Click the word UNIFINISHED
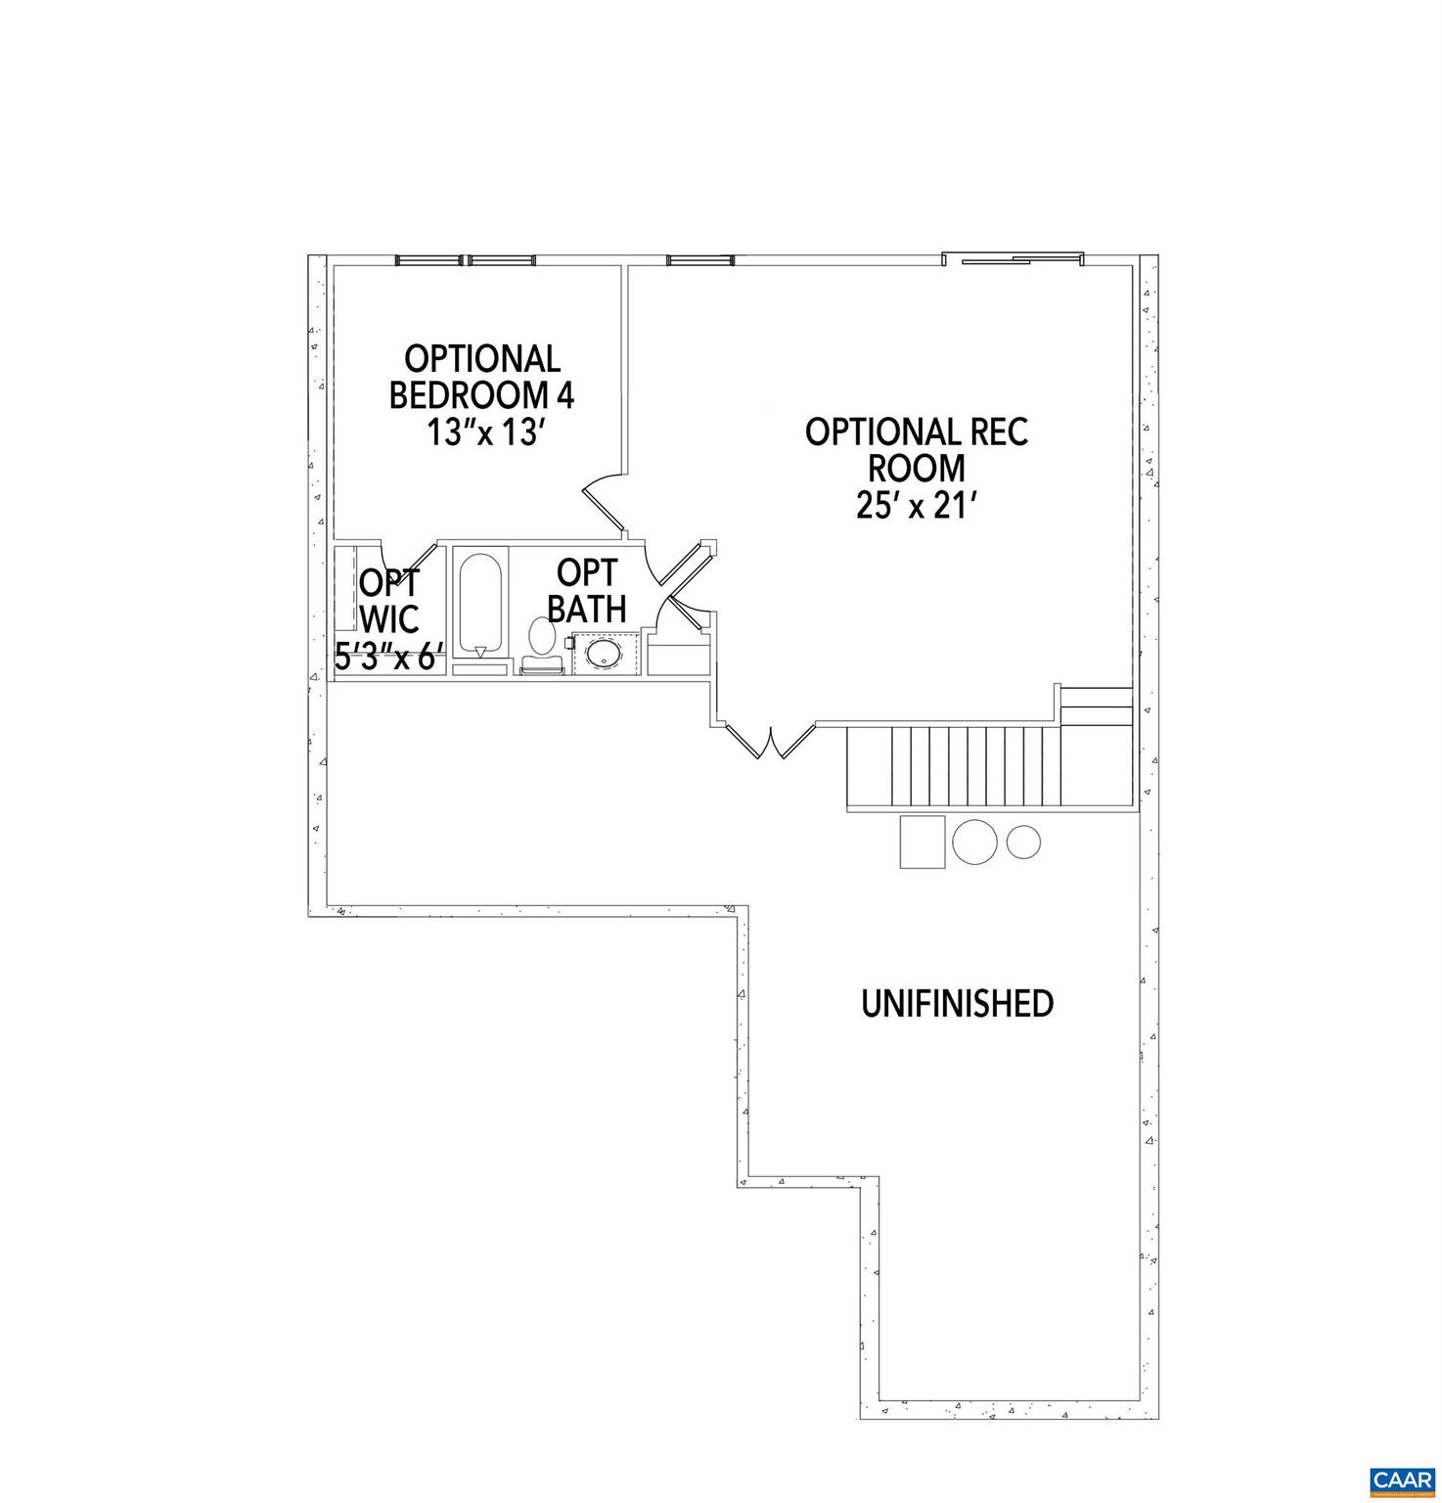coord(957,1003)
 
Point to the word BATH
coord(586,608)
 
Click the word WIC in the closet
coord(389,618)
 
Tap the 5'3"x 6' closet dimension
coord(389,655)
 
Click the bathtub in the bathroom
coord(479,606)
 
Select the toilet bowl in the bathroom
coord(541,635)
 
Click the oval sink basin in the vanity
coord(605,653)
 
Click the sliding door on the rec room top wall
coord(1013,259)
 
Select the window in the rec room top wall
coord(699,260)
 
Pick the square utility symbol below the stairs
coord(923,841)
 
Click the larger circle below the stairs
coord(975,841)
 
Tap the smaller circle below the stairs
coord(1023,840)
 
